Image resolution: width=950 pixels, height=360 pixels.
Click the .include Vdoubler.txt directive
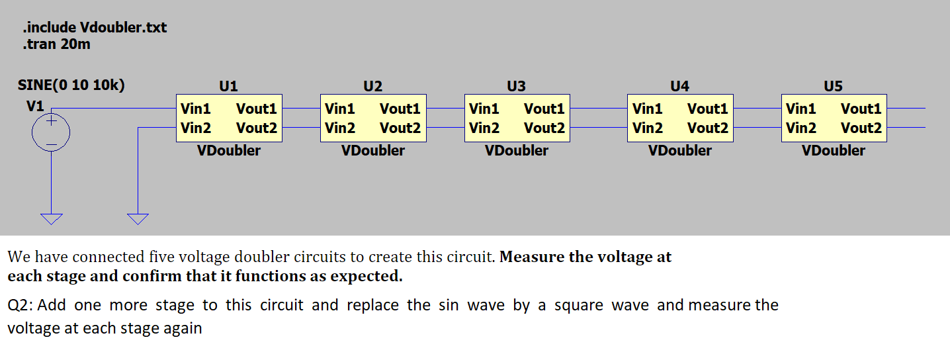(x=95, y=28)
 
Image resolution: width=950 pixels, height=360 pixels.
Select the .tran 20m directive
(x=56, y=45)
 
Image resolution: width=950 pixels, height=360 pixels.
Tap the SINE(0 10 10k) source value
(x=71, y=85)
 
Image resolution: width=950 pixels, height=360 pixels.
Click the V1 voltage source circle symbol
(x=51, y=132)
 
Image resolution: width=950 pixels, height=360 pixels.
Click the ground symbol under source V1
(x=51, y=218)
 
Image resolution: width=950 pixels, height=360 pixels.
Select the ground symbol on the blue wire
(x=138, y=218)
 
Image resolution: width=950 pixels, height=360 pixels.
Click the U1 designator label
(x=228, y=86)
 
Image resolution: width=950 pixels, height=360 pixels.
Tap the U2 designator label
(x=372, y=86)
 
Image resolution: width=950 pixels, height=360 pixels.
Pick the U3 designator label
(x=516, y=86)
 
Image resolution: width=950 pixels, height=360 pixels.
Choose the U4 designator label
(x=679, y=86)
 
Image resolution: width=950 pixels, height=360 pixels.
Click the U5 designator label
(x=833, y=86)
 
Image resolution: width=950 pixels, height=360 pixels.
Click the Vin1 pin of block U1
(x=196, y=109)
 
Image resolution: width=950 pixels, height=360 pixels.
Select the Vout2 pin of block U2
(x=400, y=128)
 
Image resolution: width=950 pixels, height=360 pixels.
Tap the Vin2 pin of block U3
(x=484, y=128)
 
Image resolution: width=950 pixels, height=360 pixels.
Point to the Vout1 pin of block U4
(x=708, y=109)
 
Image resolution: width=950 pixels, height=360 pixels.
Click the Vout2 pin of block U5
(x=861, y=128)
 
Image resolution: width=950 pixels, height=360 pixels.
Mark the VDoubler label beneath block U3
(x=517, y=151)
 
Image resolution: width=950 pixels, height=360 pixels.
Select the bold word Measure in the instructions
(x=531, y=257)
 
